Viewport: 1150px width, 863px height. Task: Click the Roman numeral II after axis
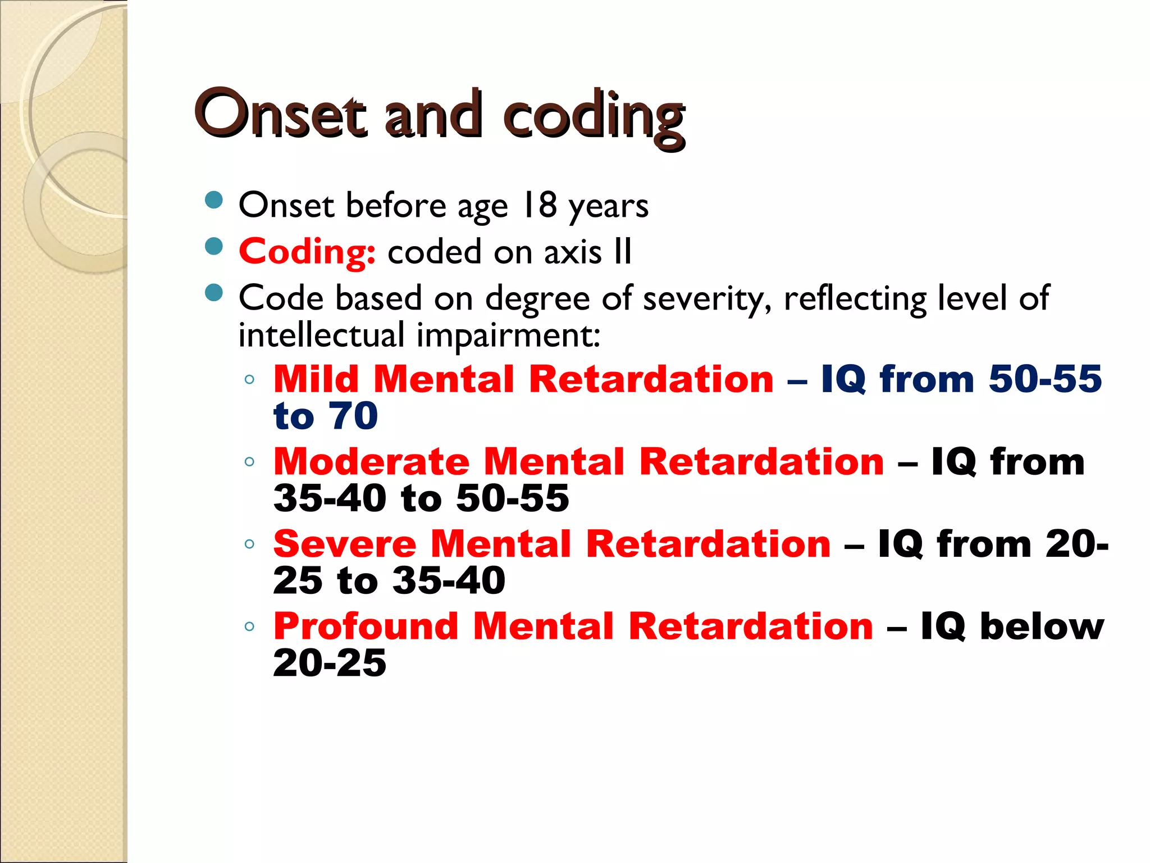623,251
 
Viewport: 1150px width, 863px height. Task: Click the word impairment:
509,335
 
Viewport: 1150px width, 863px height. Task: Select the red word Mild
316,379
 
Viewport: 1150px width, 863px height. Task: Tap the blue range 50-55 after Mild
1045,379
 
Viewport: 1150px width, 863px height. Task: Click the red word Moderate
371,462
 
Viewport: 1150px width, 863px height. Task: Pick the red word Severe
345,544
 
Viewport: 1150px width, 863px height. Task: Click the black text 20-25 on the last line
330,663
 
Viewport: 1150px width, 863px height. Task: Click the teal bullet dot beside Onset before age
214,200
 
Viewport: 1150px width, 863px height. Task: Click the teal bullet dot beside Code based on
214,293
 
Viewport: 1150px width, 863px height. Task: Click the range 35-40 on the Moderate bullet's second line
330,498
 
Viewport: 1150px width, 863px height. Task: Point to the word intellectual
321,335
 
